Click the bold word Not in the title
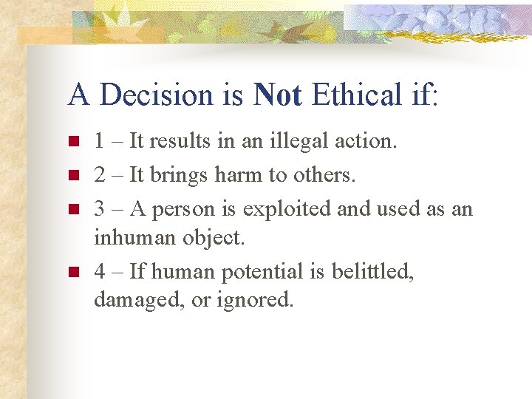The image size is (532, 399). (277, 95)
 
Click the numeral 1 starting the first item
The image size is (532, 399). (99, 141)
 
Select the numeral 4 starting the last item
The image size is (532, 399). (100, 271)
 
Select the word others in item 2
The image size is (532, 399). (323, 174)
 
